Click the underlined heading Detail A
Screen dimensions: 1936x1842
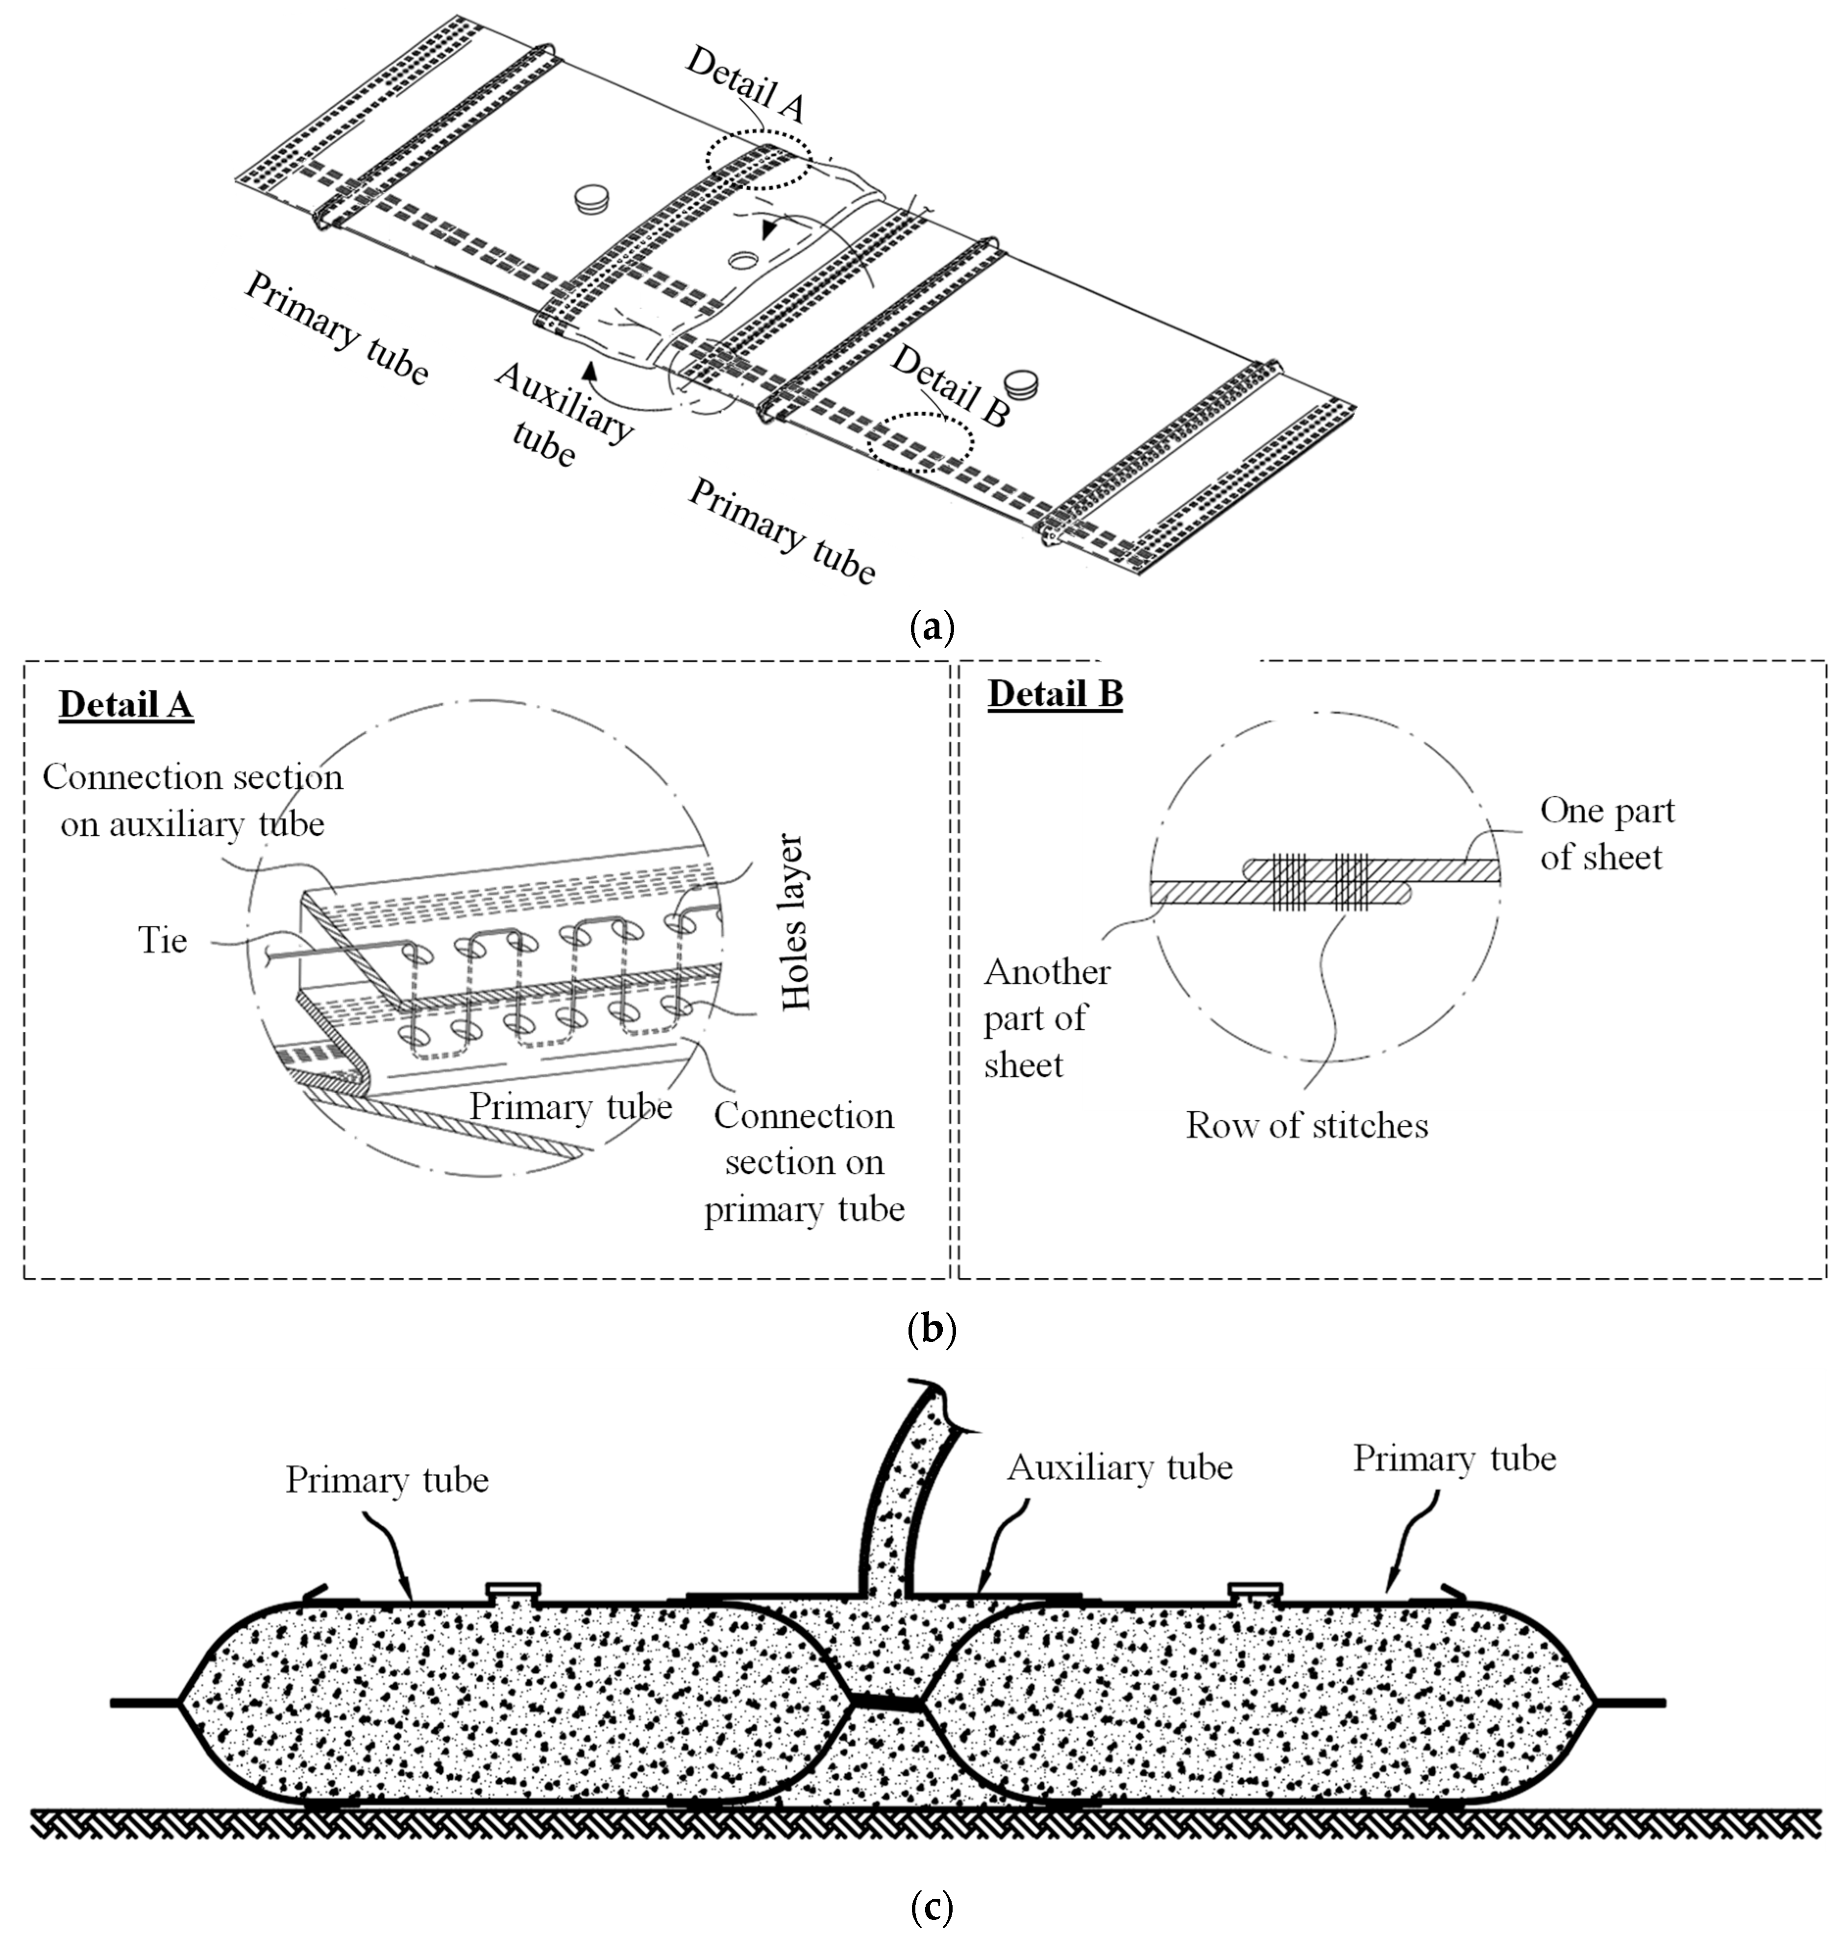(x=125, y=705)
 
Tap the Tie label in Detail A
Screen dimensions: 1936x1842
(x=162, y=940)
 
